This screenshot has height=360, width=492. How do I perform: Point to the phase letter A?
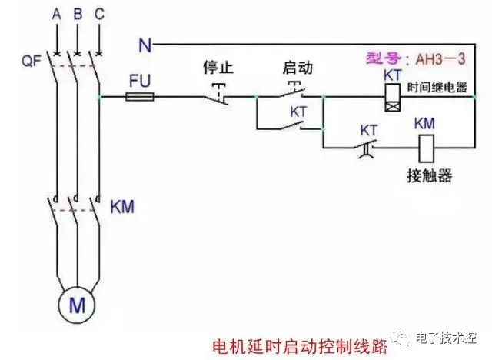tap(55, 15)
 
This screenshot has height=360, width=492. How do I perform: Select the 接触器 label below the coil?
tap(428, 176)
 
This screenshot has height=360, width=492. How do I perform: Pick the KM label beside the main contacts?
tap(124, 206)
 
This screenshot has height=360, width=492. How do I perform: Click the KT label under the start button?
tap(298, 111)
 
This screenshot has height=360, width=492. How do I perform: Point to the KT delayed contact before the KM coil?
tap(367, 146)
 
